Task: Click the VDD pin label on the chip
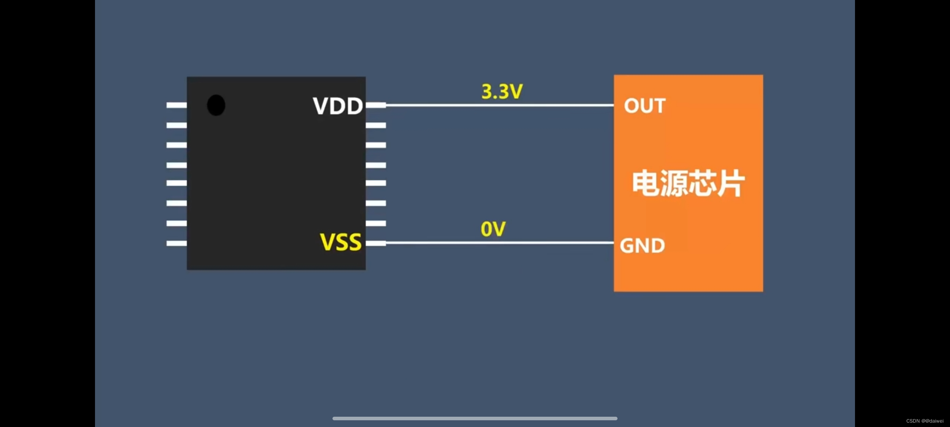[x=338, y=106]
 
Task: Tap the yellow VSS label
[x=340, y=242]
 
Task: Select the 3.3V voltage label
[x=502, y=92]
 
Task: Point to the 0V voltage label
[x=493, y=229]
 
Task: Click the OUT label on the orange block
[x=644, y=106]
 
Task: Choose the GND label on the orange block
[x=642, y=246]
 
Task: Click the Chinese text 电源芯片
[x=688, y=183]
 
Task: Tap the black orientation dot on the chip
[x=216, y=105]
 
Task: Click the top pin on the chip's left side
[x=177, y=105]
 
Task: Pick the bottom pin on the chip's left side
[x=177, y=243]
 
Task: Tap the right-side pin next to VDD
[x=376, y=105]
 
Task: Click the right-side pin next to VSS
[x=376, y=243]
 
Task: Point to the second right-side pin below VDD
[x=376, y=145]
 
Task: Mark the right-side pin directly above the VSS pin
[x=376, y=223]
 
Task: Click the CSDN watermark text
[x=925, y=421]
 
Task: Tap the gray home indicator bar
[x=475, y=418]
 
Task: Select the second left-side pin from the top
[x=177, y=125]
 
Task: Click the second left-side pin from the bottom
[x=177, y=223]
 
